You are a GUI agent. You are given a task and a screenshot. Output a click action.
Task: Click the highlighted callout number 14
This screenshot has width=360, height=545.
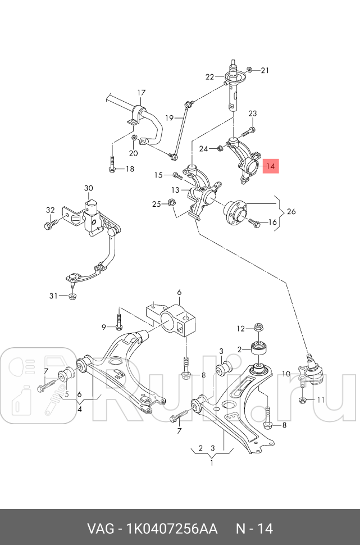pos(270,166)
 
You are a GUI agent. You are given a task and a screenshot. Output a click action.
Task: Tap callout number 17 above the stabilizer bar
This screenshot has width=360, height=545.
pos(141,92)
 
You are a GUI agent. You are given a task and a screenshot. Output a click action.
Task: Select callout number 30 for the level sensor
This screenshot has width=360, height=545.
pos(89,188)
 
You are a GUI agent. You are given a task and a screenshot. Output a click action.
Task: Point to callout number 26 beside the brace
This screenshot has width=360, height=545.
pos(291,212)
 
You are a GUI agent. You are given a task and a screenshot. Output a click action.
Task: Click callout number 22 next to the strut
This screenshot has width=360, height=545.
pos(209,77)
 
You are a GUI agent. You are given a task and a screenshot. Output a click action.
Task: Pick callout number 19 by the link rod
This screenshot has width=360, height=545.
pos(169,118)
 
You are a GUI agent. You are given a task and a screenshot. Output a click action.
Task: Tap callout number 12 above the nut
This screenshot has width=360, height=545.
pos(240,328)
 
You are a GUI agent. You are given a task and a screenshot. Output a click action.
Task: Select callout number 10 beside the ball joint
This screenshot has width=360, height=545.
pos(286,374)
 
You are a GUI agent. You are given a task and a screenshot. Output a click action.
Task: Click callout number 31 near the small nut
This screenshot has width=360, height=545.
pos(53,296)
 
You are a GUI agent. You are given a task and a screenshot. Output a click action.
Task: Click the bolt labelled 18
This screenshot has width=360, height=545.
pos(112,166)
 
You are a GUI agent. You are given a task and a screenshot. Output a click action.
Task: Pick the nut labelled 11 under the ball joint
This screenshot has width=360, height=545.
pos(303,400)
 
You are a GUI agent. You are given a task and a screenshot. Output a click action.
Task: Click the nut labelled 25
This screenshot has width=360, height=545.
pos(172,203)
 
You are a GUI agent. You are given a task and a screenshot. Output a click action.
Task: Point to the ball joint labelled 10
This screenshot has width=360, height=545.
pos(311,371)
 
